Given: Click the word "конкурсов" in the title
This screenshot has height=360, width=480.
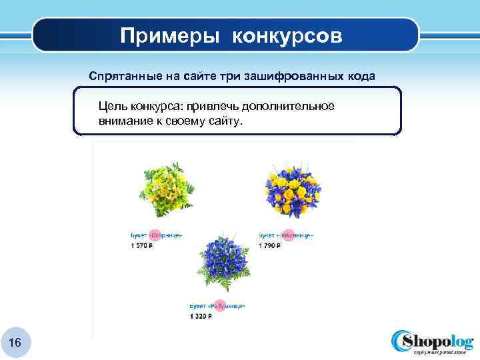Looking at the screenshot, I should [x=287, y=36].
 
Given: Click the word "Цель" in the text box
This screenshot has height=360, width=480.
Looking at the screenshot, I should [x=112, y=107].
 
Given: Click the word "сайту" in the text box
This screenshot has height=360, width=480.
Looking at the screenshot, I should [x=226, y=123].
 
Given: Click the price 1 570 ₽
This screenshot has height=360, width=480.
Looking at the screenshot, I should [x=141, y=246].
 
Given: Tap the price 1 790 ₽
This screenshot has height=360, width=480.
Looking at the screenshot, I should [x=270, y=246].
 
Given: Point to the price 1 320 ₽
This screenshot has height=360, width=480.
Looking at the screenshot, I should [x=201, y=316].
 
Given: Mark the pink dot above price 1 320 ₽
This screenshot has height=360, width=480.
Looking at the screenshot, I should [x=217, y=305].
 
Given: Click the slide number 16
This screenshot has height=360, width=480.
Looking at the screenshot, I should [x=15, y=342].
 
